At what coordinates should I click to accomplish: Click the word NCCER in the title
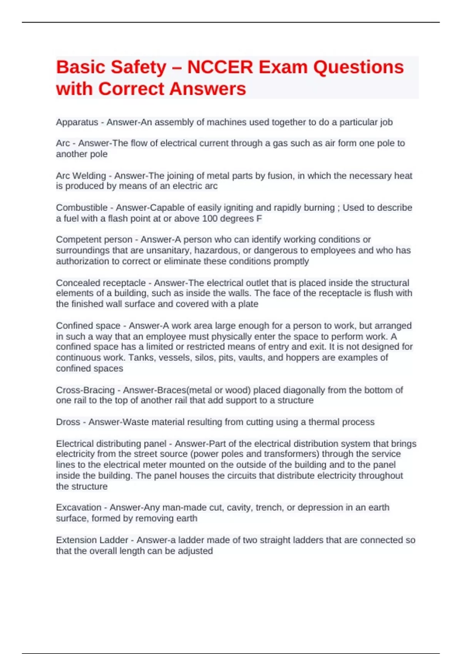pyautogui.click(x=220, y=67)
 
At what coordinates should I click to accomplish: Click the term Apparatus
pyautogui.click(x=77, y=122)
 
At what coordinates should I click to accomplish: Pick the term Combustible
pyautogui.click(x=82, y=208)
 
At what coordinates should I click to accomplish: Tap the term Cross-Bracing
pyautogui.click(x=85, y=390)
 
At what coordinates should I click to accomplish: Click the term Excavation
pyautogui.click(x=79, y=507)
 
